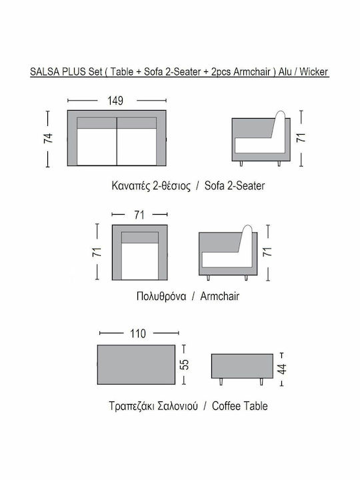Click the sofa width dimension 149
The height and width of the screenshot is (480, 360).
(x=115, y=101)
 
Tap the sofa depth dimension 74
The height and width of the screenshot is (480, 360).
(x=49, y=139)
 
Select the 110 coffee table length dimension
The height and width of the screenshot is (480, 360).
(x=138, y=333)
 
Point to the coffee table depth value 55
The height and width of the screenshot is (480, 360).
(x=185, y=364)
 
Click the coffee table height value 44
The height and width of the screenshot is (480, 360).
(x=282, y=369)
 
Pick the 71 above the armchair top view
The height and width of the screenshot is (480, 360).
(x=139, y=215)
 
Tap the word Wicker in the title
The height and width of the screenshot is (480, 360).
(x=313, y=71)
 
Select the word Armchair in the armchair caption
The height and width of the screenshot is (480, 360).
(x=220, y=296)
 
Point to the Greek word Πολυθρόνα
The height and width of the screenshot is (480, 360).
(x=161, y=296)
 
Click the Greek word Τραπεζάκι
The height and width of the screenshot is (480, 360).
(x=131, y=406)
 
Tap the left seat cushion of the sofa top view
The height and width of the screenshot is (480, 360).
(x=97, y=147)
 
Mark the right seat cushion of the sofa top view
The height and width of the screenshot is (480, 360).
(x=137, y=147)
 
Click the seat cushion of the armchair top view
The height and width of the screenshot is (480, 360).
(x=139, y=261)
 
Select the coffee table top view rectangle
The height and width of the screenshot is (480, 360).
(x=136, y=365)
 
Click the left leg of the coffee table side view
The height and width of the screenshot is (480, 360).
(x=221, y=381)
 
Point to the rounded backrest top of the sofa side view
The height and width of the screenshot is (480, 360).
(x=280, y=114)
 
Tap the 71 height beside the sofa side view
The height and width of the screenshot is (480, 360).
(x=301, y=137)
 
